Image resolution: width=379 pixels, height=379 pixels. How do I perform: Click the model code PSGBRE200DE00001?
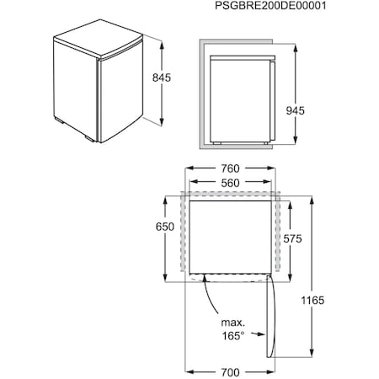click(x=304, y=8)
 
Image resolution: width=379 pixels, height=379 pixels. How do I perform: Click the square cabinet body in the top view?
click(x=230, y=236)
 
